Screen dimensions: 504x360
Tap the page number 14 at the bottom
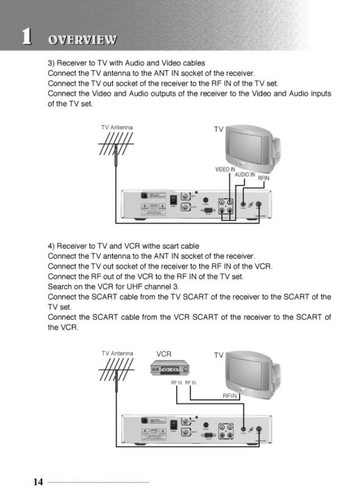pos(38,482)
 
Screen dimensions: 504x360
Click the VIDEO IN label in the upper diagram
pos(225,170)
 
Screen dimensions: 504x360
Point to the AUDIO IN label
pos(244,174)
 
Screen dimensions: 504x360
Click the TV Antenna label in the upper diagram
pos(116,127)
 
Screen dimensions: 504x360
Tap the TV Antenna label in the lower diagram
pos(117,353)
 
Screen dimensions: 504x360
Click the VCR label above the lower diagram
pos(163,354)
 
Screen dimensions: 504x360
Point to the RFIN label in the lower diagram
pos(231,396)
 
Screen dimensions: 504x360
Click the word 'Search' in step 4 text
pos(58,286)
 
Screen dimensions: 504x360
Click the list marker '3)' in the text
pos(51,63)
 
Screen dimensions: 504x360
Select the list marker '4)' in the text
pos(51,246)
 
